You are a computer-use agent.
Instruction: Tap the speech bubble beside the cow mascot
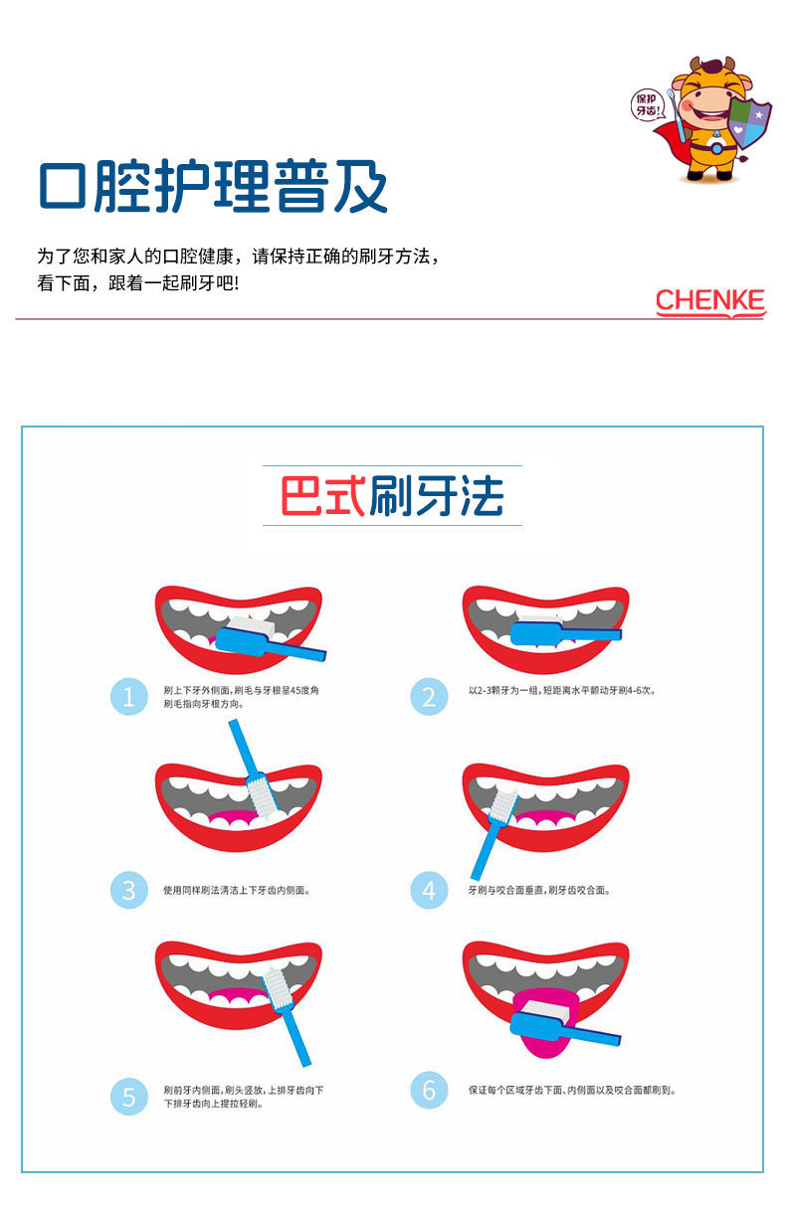(648, 104)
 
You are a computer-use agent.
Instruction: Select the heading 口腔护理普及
(213, 186)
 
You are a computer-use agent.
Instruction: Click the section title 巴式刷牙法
(392, 496)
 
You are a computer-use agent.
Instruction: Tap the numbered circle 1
(128, 697)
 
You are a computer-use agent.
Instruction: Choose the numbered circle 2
(429, 697)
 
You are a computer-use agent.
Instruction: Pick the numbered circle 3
(128, 890)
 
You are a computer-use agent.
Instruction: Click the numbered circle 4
(429, 890)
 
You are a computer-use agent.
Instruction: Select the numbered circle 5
(128, 1097)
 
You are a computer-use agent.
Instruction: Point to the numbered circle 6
(429, 1090)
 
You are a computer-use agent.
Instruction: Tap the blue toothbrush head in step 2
(537, 633)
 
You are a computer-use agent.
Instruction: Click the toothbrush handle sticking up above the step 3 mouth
(242, 749)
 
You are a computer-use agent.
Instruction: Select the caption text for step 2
(562, 690)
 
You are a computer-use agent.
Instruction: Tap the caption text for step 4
(539, 890)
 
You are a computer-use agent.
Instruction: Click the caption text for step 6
(572, 1090)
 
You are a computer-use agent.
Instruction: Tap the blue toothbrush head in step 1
(241, 641)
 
